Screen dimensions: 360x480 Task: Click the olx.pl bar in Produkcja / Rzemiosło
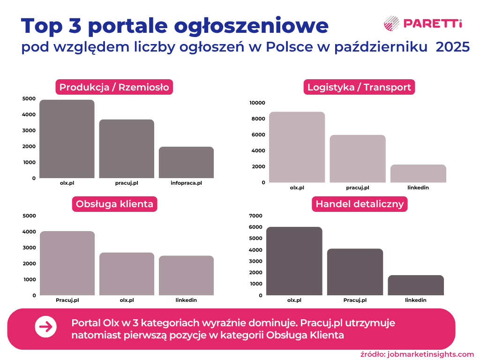(67, 139)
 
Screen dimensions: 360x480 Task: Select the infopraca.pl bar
(186, 162)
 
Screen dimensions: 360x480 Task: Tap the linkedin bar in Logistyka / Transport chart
(418, 173)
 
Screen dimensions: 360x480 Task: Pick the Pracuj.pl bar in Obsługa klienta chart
(67, 263)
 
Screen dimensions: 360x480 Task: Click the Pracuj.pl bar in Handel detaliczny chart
(355, 272)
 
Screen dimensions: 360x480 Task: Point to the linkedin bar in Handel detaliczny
(416, 285)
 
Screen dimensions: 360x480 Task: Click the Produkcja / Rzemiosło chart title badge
(114, 87)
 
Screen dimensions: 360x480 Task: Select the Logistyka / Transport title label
(359, 87)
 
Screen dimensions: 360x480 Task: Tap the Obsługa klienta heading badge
(114, 204)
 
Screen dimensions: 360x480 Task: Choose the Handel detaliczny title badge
(360, 204)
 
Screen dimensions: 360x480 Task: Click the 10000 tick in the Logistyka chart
(257, 103)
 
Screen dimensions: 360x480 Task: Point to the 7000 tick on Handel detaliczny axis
(256, 216)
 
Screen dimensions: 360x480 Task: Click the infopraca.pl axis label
(186, 183)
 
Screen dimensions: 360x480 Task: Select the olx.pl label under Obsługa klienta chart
(127, 300)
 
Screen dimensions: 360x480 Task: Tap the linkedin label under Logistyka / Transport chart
(418, 187)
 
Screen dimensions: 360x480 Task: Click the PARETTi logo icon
(391, 23)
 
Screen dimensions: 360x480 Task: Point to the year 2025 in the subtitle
(453, 47)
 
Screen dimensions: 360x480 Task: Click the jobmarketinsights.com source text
(431, 354)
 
